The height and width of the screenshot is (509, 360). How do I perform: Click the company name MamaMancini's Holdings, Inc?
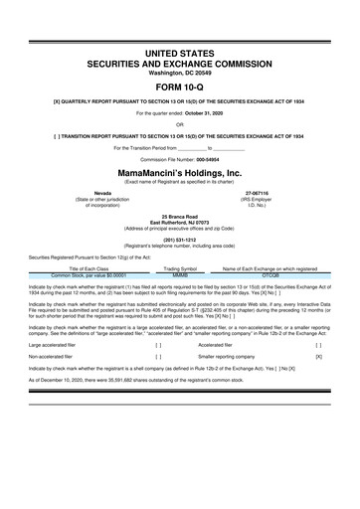(x=180, y=172)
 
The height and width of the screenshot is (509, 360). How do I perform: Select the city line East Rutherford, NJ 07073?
(x=180, y=222)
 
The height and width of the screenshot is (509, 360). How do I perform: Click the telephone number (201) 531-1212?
(x=180, y=240)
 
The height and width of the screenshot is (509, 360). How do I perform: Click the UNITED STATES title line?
(x=180, y=50)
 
